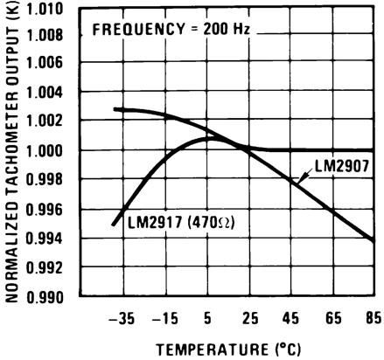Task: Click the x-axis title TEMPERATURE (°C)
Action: tap(228, 349)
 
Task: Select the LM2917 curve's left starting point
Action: tap(114, 225)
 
